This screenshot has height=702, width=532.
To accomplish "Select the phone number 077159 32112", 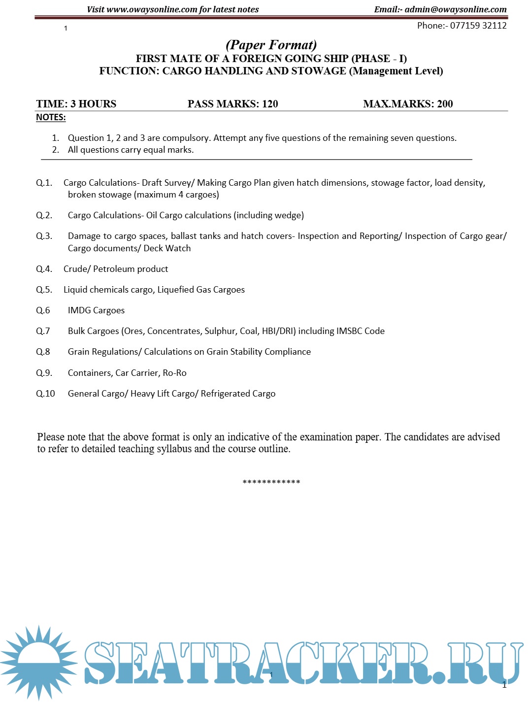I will pos(478,26).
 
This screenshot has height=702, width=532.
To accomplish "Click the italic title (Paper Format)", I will pos(271,45).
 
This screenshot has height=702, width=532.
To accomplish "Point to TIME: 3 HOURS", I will pos(76,104).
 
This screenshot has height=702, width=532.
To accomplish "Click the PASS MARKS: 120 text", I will pos(233,104).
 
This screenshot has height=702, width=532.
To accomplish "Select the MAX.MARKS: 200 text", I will pos(408,104).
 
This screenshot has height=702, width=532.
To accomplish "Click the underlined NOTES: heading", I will pos(51,117).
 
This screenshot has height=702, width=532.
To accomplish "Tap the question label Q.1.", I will pos(44,183).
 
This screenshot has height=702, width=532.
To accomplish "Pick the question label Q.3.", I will pos(44,236).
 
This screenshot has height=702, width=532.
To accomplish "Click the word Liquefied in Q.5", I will pos(175,290).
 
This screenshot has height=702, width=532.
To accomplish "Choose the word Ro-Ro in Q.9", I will pos(174,373).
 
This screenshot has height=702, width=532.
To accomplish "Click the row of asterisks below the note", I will pos(271,482).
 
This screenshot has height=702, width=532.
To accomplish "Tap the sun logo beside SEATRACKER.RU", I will pos(38,662).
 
